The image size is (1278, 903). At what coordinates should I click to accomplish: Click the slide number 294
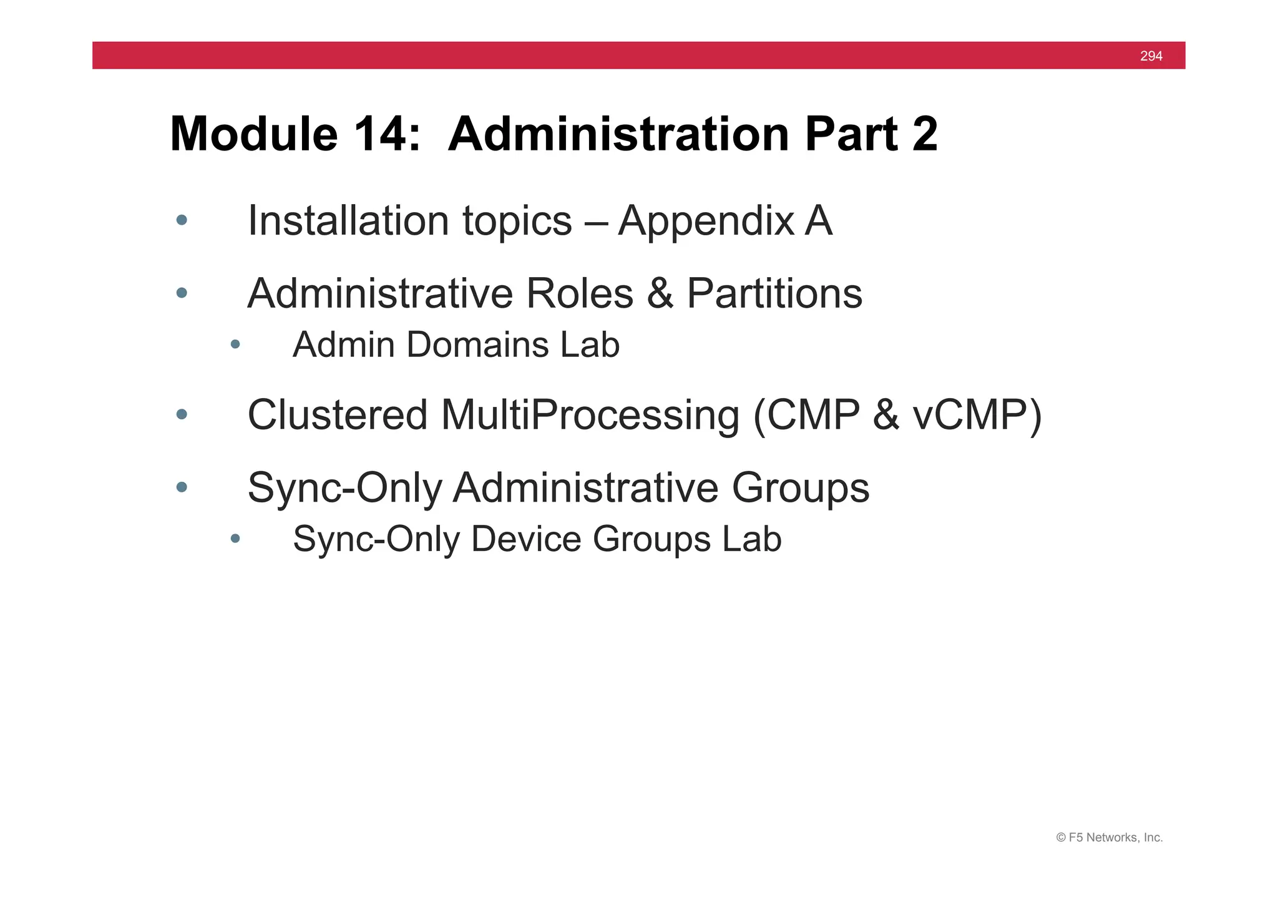(1151, 56)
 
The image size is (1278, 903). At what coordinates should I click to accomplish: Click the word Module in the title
(253, 134)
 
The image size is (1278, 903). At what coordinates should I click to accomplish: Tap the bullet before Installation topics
(182, 220)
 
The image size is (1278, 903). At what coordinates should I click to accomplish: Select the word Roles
(579, 293)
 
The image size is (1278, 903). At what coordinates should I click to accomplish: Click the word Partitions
(774, 293)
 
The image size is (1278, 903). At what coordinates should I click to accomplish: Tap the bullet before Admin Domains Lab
(235, 344)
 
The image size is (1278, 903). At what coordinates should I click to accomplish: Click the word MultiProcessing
(590, 414)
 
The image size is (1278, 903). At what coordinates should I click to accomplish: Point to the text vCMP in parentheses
(970, 414)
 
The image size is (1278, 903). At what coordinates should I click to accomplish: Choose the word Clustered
(337, 414)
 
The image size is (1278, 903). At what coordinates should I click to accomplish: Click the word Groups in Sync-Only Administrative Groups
(800, 487)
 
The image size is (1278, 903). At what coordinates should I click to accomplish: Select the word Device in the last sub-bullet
(525, 539)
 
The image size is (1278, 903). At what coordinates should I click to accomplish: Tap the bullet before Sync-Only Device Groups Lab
(235, 538)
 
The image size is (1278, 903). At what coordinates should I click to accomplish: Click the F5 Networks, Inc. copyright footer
(1109, 837)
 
